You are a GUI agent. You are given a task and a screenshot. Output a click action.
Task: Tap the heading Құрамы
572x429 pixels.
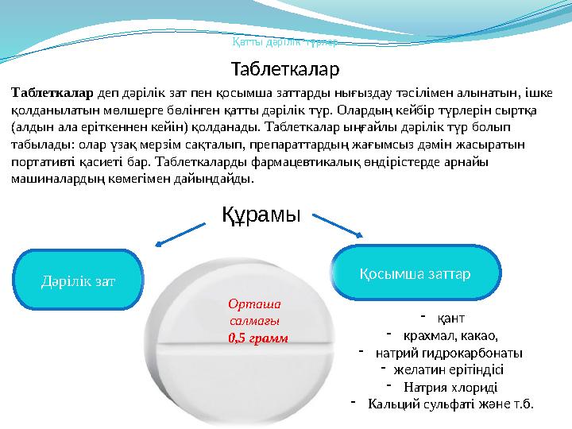(261, 214)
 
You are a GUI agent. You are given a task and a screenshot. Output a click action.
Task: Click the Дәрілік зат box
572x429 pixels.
(78, 280)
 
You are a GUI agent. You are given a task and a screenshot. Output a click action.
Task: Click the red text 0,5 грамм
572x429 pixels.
(257, 338)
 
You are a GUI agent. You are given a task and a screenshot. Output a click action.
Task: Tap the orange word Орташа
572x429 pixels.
(249, 303)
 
